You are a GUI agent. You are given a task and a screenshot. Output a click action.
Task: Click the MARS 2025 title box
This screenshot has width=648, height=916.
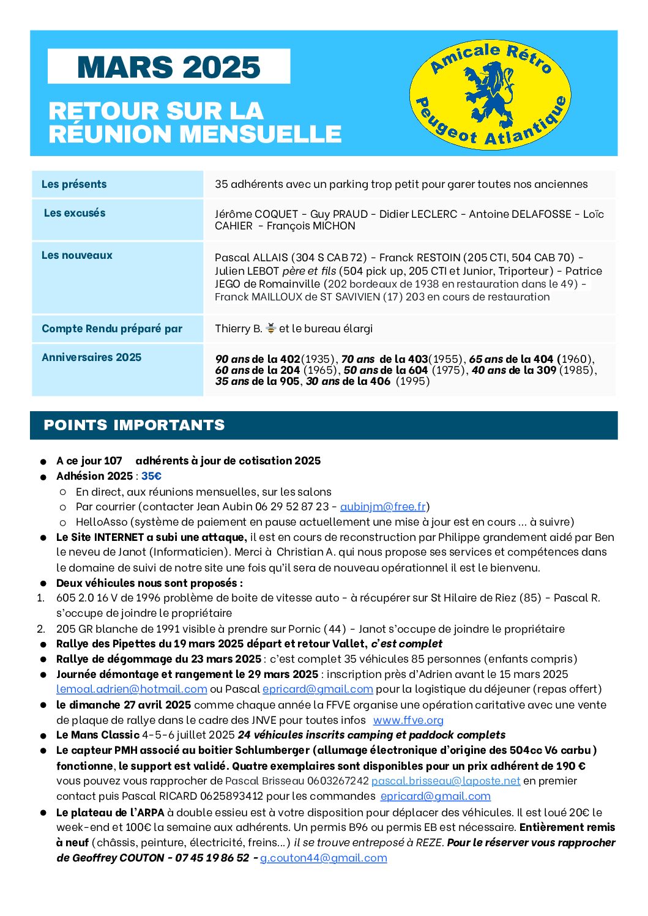tap(169, 67)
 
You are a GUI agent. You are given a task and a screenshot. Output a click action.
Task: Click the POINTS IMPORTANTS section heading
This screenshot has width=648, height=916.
tap(134, 425)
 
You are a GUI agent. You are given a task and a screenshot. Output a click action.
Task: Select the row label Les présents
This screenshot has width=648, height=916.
tap(74, 184)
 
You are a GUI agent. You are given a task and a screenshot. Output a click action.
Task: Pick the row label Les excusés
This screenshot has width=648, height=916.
tap(75, 213)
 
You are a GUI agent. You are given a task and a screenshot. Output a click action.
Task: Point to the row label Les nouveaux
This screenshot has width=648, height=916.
tap(77, 255)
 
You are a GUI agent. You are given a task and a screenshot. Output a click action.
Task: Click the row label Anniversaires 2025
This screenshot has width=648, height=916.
tap(91, 357)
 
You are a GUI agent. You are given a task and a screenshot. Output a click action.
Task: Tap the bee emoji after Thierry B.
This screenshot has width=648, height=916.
tap(270, 329)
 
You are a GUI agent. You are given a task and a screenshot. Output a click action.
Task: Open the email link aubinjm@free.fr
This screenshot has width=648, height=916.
tap(383, 507)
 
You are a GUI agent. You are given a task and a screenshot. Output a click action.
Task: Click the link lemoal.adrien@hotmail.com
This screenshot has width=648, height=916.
tap(132, 689)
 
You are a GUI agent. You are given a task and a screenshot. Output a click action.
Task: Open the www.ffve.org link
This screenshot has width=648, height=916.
tap(408, 720)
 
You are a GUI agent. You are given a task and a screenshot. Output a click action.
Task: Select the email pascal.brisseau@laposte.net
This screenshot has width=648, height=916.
tap(445, 781)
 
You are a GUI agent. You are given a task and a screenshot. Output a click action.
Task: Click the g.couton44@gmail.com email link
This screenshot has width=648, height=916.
tap(324, 858)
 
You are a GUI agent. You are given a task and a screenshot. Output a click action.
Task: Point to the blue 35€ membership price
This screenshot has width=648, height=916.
tap(151, 476)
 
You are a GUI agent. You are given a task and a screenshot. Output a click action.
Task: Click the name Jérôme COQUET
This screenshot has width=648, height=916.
tap(256, 214)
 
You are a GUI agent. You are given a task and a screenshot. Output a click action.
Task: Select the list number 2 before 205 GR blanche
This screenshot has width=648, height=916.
tap(41, 628)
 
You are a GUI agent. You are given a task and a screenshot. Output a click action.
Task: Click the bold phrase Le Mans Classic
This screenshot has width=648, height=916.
tap(98, 735)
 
